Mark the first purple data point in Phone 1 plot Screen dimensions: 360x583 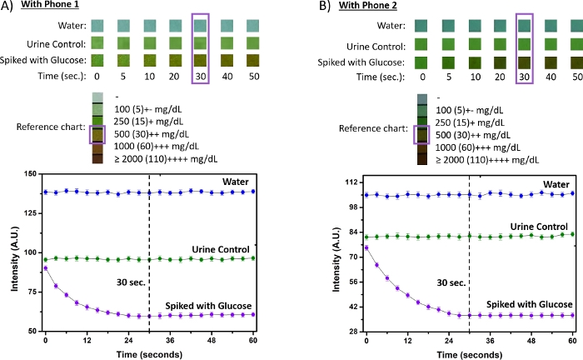tap(46, 268)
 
